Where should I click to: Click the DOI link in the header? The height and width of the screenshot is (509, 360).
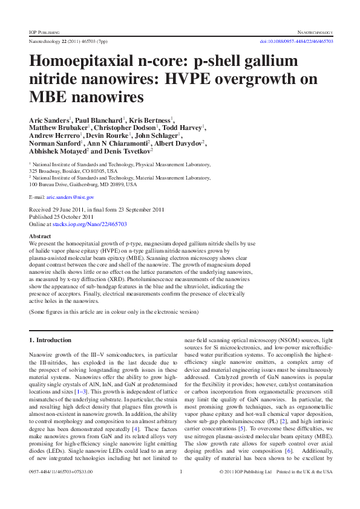point(296,41)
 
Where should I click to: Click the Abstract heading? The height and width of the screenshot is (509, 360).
point(40,236)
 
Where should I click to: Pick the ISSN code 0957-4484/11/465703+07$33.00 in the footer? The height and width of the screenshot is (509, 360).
point(61,489)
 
